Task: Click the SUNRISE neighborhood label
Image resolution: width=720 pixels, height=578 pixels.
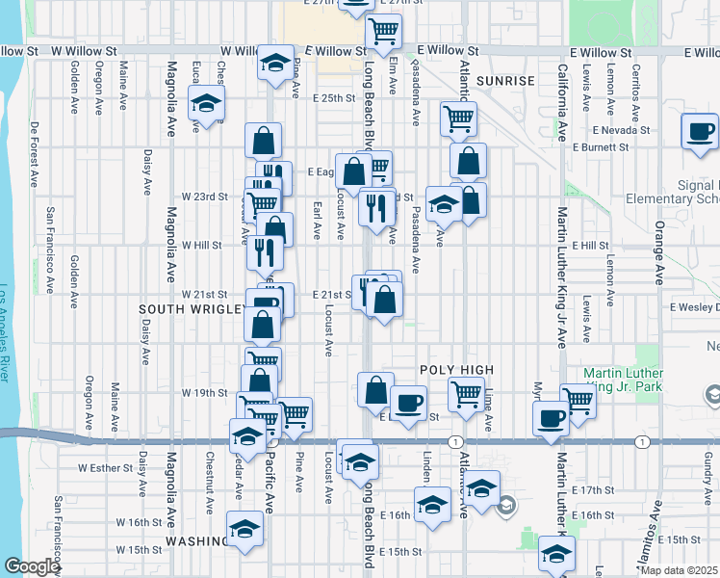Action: [x=504, y=81]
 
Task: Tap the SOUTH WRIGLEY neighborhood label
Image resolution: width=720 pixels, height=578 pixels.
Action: [x=190, y=309]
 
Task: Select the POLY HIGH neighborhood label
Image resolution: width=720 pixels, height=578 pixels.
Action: [x=456, y=370]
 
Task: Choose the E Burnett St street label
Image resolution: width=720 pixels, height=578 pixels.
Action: [x=600, y=148]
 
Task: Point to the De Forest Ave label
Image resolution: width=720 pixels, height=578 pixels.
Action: [x=35, y=153]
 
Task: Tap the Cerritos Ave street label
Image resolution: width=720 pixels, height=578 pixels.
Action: [x=636, y=87]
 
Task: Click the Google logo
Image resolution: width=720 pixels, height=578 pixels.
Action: [x=31, y=566]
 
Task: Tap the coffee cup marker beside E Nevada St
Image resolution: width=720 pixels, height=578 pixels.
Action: [x=700, y=132]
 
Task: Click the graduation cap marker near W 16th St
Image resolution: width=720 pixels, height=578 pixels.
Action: [x=245, y=528]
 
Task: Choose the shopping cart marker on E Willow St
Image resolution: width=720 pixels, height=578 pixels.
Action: [x=383, y=31]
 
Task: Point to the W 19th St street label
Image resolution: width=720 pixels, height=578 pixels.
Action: [x=203, y=393]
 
